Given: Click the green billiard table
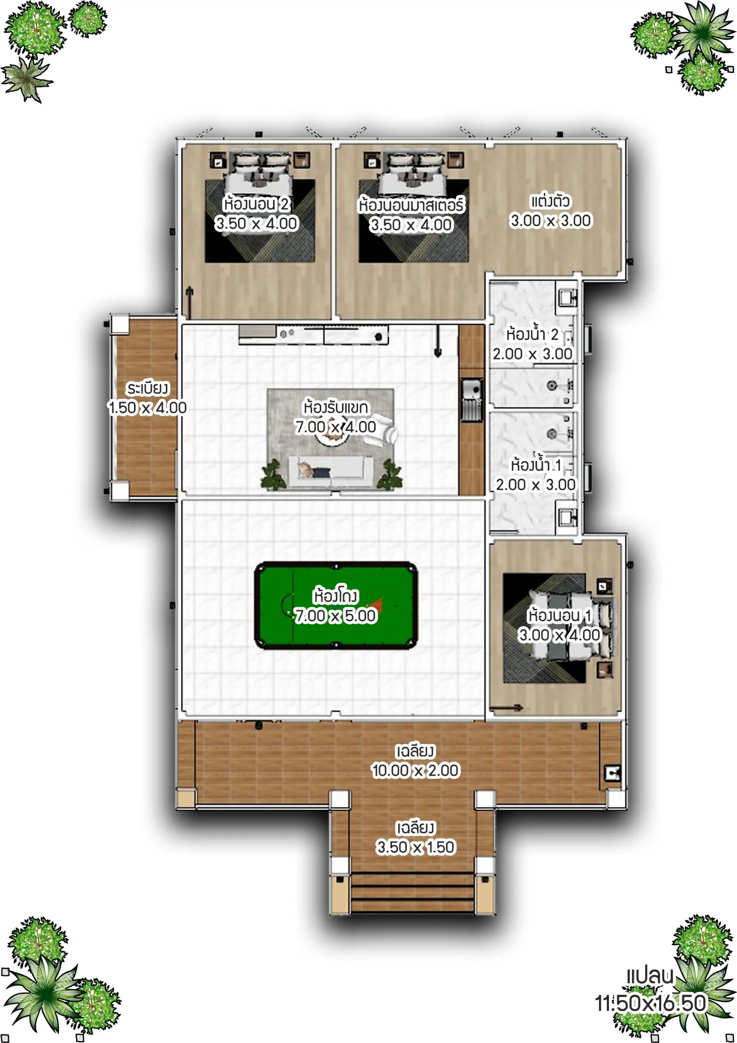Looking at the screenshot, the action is click(x=336, y=606).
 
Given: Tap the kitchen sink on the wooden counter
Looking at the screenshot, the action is click(x=471, y=400).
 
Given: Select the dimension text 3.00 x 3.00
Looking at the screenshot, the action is click(x=550, y=221).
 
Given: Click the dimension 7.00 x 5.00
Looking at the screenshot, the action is click(x=336, y=616).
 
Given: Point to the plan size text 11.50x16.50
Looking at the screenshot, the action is click(x=651, y=1004).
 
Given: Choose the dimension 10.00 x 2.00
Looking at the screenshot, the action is click(x=415, y=771).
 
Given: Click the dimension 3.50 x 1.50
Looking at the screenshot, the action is click(x=415, y=847).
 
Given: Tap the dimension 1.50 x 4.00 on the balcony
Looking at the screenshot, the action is click(x=147, y=407).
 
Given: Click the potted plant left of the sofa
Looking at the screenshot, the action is click(x=273, y=475).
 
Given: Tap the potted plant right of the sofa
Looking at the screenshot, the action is click(x=390, y=475).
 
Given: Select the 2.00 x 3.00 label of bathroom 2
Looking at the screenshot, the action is click(x=533, y=354).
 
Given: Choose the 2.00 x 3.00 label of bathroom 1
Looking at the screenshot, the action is click(x=536, y=485).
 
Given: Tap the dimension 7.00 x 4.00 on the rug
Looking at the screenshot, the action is click(x=336, y=427).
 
